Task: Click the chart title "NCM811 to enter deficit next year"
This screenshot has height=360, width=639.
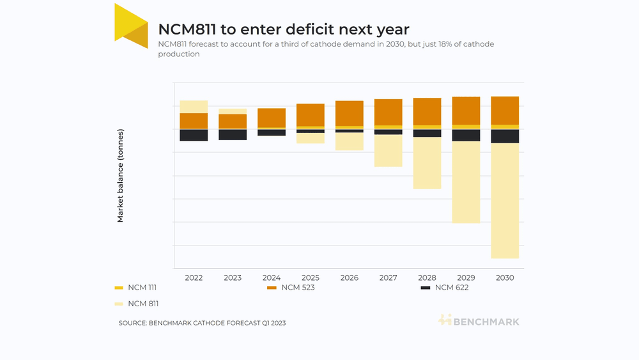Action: click(x=284, y=29)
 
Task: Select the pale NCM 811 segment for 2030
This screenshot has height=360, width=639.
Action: click(x=505, y=201)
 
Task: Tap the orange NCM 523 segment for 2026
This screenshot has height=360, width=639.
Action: click(x=350, y=113)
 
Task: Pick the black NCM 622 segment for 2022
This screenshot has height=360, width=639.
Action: click(x=194, y=136)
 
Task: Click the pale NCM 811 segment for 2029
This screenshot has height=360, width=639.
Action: click(x=466, y=182)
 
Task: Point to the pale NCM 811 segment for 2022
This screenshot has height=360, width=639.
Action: click(x=194, y=107)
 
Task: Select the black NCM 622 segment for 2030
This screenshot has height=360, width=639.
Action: click(x=505, y=136)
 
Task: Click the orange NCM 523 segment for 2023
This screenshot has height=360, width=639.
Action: click(x=233, y=121)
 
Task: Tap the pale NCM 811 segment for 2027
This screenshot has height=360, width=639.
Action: click(x=389, y=150)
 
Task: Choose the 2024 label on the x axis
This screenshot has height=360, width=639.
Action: click(x=272, y=278)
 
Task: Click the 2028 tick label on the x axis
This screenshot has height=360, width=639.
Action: click(x=427, y=278)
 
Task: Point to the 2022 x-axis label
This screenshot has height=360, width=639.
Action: click(x=194, y=278)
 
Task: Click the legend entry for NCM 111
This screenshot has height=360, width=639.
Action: click(x=135, y=288)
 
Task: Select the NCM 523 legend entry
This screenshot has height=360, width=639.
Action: click(x=291, y=288)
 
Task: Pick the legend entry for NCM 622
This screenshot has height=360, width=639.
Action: click(x=445, y=288)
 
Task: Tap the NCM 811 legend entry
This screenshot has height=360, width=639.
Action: click(x=137, y=304)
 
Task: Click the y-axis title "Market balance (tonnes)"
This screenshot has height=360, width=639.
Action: click(x=120, y=176)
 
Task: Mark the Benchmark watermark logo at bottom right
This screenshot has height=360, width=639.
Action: click(x=479, y=320)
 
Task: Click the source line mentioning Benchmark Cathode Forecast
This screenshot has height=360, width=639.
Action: click(x=202, y=323)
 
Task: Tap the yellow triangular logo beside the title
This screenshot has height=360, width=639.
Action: click(x=131, y=26)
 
